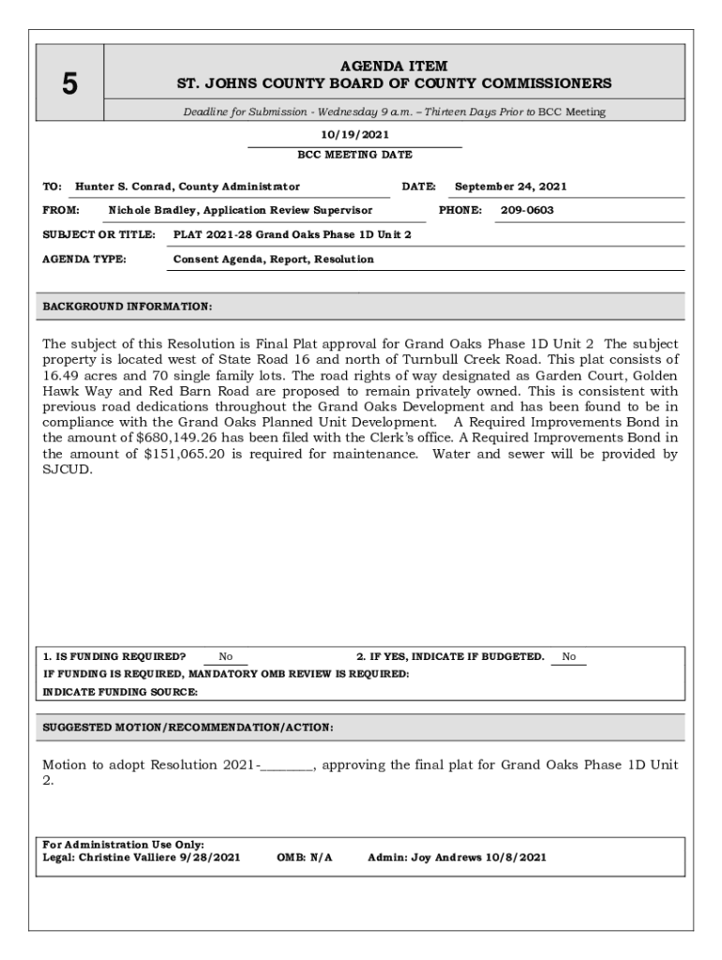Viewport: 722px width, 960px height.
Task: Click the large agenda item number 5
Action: coord(69,84)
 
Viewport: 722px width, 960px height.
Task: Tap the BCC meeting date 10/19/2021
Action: coord(354,135)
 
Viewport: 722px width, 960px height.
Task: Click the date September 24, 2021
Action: coord(510,187)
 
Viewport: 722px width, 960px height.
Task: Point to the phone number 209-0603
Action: coord(527,210)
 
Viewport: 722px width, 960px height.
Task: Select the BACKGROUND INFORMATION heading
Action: coord(128,306)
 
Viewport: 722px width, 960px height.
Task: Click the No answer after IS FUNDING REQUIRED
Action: coord(226,657)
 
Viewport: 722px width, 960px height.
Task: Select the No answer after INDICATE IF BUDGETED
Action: coord(569,657)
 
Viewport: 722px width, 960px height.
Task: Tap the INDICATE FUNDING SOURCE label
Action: coord(121,692)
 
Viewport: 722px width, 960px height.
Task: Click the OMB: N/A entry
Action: coord(305,857)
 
